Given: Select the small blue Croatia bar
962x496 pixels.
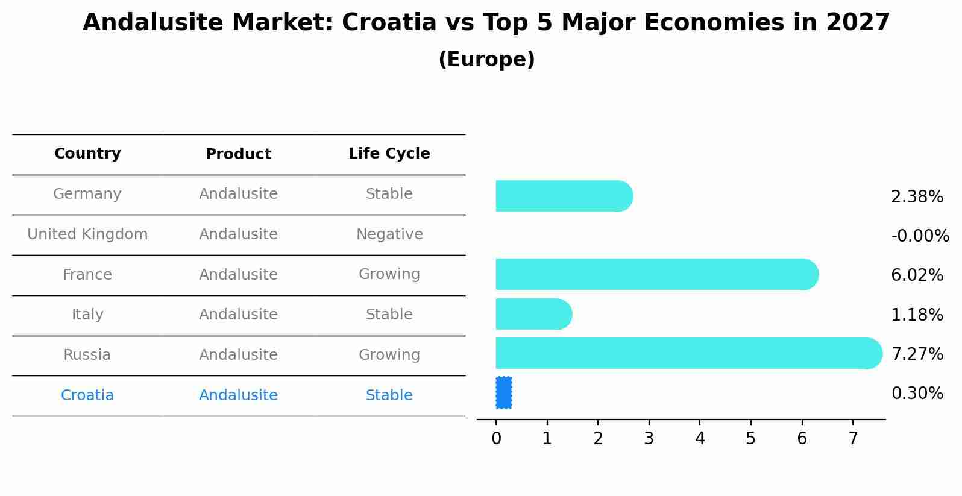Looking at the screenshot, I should click(504, 393).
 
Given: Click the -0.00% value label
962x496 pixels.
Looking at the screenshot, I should click(920, 236).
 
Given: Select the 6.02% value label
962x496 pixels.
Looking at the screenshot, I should click(917, 275).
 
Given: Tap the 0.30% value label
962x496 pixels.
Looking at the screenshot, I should click(917, 394).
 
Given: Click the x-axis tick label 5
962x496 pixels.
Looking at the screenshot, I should click(750, 439).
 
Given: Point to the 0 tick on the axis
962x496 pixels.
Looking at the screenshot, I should click(496, 439).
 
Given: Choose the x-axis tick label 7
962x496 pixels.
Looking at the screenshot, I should click(853, 439).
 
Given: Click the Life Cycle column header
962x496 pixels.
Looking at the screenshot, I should click(389, 154).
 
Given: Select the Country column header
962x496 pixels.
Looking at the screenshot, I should click(87, 154).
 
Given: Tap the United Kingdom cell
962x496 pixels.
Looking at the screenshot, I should click(87, 234).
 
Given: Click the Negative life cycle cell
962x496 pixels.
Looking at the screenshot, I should click(389, 234).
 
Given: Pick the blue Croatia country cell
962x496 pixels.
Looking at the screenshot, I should click(87, 395).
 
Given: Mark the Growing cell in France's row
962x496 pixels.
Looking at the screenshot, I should click(389, 274).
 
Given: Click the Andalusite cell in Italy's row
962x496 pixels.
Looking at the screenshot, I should click(238, 315).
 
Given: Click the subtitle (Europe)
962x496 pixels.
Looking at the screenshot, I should click(486, 60).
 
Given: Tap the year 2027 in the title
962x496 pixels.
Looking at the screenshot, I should click(858, 23).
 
